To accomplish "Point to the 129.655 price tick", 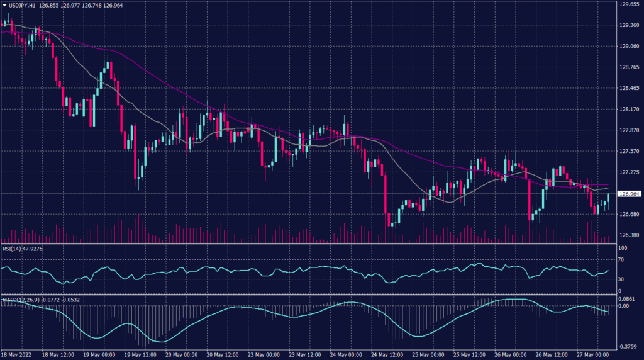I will (x=629, y=4).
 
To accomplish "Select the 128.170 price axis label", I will (x=629, y=110).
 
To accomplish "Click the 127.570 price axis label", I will (x=629, y=152).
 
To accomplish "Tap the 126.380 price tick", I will (x=629, y=235).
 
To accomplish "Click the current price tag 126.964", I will (x=630, y=194).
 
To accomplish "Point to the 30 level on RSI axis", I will (x=621, y=279).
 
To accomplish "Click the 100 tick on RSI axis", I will (x=623, y=249).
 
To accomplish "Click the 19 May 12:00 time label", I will (x=140, y=354).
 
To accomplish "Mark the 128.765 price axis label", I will (x=629, y=68).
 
